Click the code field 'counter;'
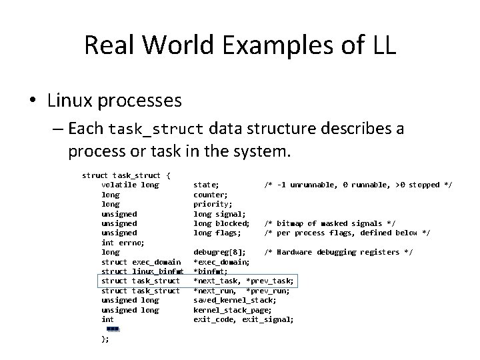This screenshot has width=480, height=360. coord(210,195)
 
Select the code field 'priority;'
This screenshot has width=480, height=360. coord(213,204)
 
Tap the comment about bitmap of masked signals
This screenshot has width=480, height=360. coord(330,223)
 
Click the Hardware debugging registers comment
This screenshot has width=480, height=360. coord(338,252)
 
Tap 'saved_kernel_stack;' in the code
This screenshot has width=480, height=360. coord(234,301)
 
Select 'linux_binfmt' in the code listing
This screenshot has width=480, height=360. coord(157,271)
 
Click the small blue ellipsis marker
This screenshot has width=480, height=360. coord(112,329)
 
